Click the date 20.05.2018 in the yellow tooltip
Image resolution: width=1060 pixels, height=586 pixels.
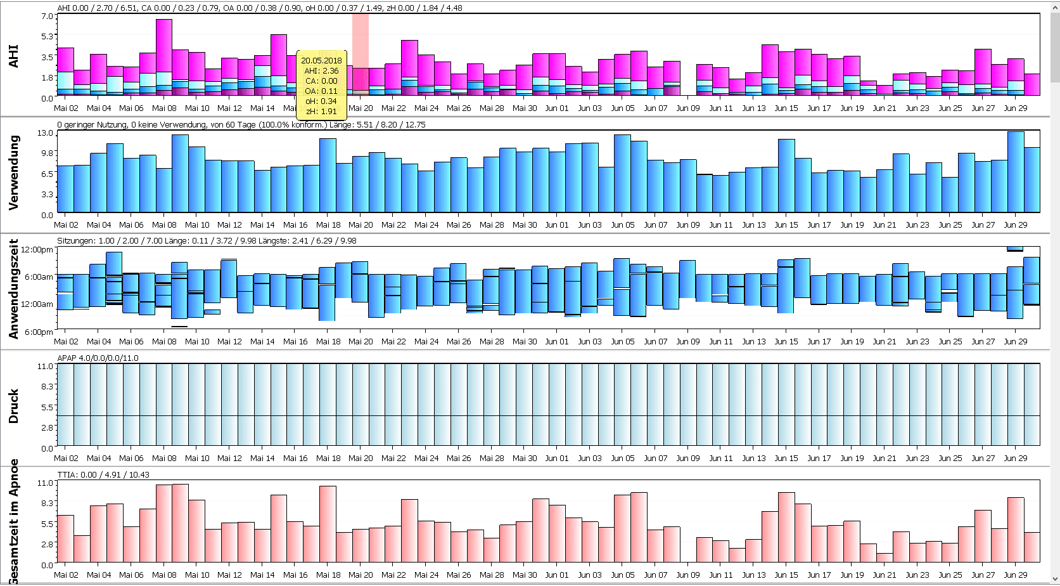tap(321, 61)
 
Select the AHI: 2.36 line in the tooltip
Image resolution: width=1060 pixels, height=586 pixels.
tap(321, 71)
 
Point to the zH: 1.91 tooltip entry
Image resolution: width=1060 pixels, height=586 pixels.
tap(321, 112)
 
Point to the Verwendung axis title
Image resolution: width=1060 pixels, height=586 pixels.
tap(14, 173)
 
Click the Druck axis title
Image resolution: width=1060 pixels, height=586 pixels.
tap(14, 407)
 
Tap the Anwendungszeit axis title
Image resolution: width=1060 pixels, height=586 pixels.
tap(14, 289)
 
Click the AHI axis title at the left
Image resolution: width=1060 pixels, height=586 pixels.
tap(14, 56)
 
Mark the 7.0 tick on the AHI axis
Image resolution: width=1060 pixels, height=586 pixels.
tap(48, 16)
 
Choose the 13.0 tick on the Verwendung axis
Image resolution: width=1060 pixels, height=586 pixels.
tap(46, 133)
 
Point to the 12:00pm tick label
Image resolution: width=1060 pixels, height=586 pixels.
tap(37, 250)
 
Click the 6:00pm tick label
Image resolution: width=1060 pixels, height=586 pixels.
tap(39, 332)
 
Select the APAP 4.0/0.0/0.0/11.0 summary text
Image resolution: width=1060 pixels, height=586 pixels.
tap(98, 358)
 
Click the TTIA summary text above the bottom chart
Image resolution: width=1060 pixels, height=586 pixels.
tap(103, 475)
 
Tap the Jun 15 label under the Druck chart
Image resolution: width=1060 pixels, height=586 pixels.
tap(786, 458)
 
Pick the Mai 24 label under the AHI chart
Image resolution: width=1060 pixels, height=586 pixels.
tap(426, 108)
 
